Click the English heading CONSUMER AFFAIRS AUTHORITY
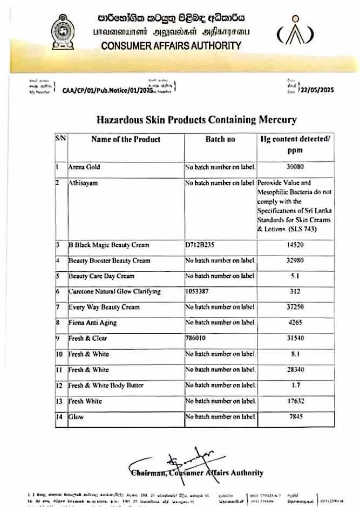(171, 45)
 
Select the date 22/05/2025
(317, 90)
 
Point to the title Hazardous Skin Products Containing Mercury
(196, 119)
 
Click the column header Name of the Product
(126, 139)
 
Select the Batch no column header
(220, 139)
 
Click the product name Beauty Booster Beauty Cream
(109, 261)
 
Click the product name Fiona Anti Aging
(92, 323)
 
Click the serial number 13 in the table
(60, 401)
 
